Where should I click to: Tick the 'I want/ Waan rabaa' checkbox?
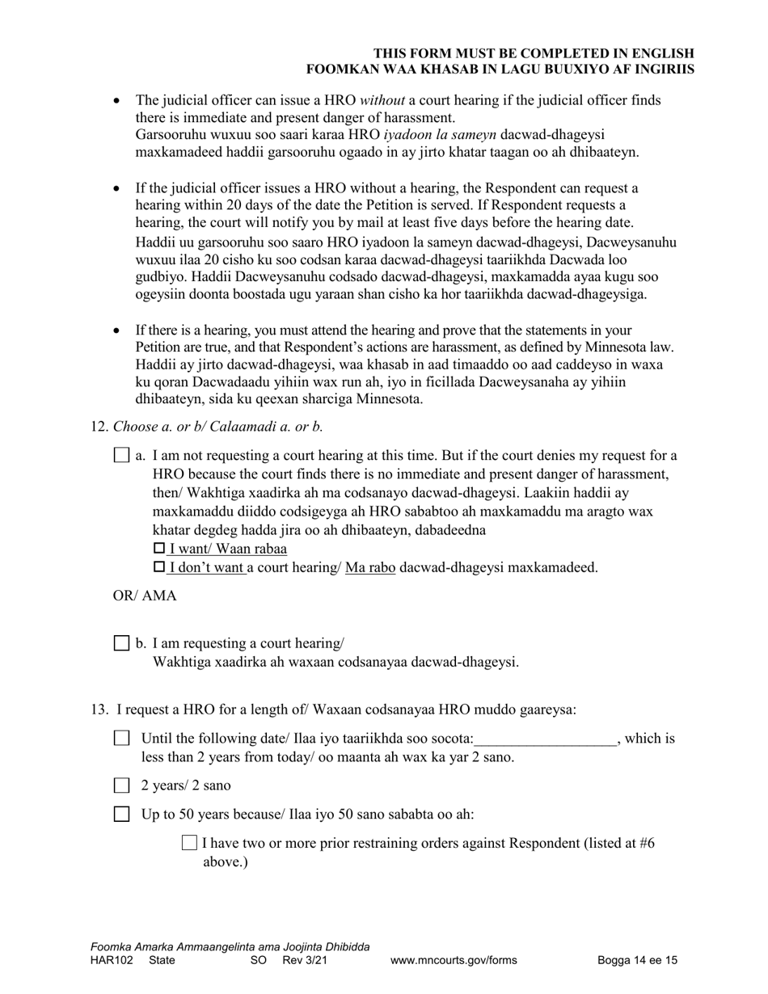(x=158, y=549)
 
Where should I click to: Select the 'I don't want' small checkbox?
(x=158, y=567)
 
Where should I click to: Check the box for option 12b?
(x=121, y=643)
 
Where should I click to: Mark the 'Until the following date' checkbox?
(x=121, y=738)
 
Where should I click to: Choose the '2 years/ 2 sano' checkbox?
(x=121, y=785)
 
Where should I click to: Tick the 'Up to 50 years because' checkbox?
(x=121, y=814)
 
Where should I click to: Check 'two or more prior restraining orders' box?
(x=190, y=843)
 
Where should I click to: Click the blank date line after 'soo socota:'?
(x=546, y=739)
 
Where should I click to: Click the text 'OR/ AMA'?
(x=145, y=596)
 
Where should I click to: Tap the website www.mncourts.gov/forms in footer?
(x=454, y=961)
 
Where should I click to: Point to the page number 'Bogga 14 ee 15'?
(x=637, y=961)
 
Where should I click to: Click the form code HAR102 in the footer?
(x=112, y=961)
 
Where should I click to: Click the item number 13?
(x=99, y=710)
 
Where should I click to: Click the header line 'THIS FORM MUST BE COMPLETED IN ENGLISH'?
(x=534, y=53)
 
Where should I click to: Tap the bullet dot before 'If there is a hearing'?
(x=118, y=331)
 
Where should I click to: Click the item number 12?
(x=99, y=427)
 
